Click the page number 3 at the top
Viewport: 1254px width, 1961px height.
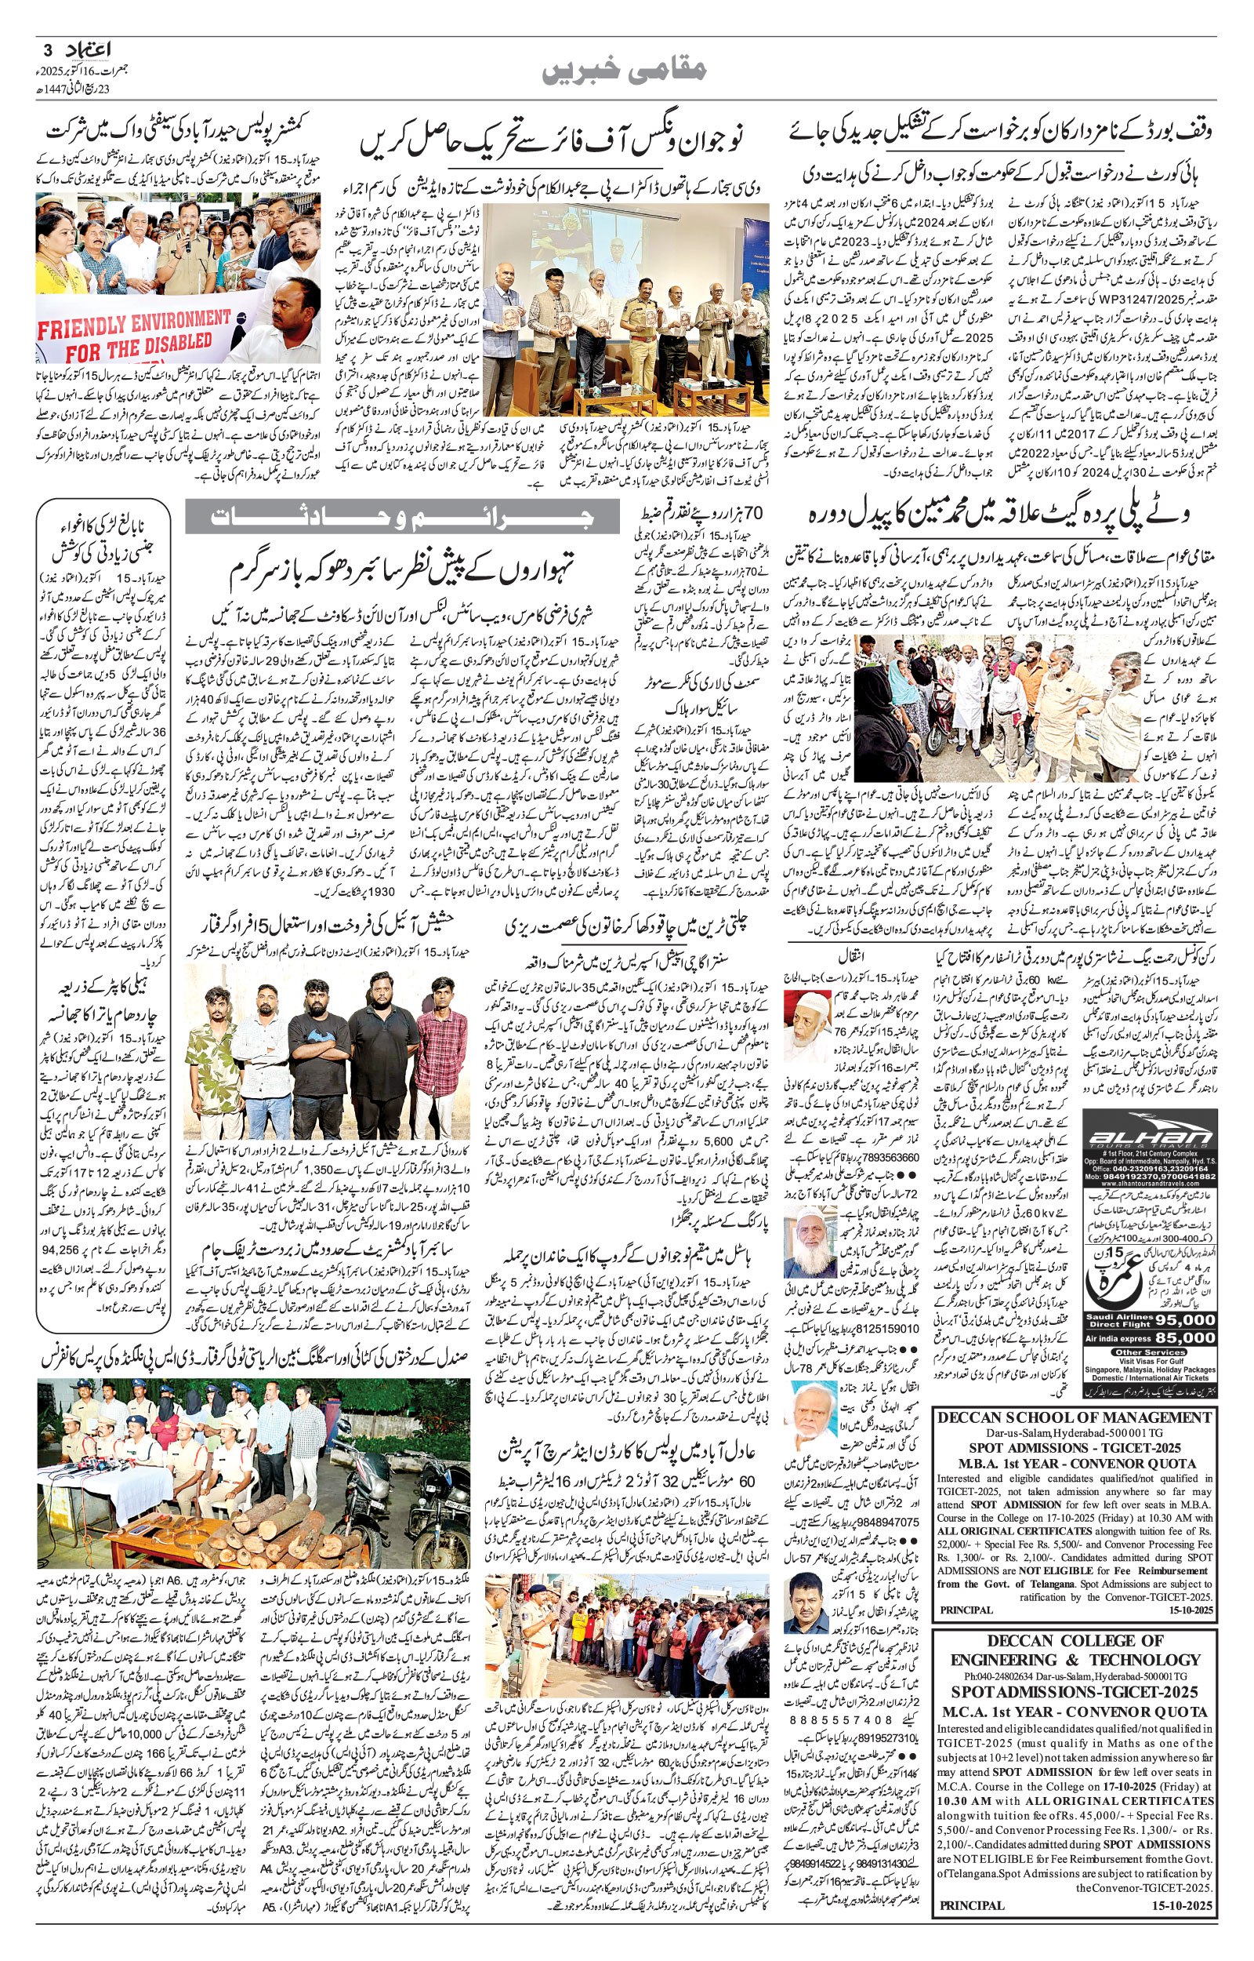47,49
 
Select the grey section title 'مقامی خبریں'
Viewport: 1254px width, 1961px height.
625,71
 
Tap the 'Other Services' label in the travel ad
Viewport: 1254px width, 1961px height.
1149,1352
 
